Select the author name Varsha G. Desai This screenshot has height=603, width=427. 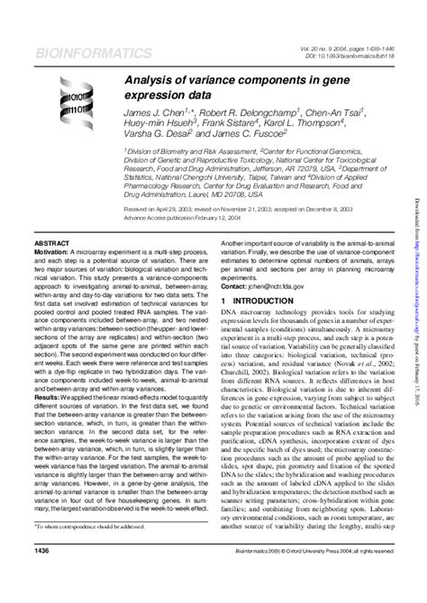[154, 141]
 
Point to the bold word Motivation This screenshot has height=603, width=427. [52, 253]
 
